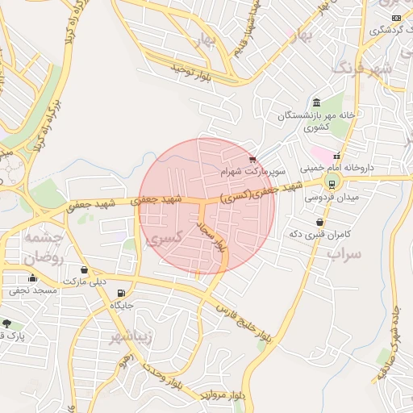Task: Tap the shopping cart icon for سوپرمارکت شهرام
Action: [x=253, y=160]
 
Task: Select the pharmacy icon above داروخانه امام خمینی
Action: [x=336, y=156]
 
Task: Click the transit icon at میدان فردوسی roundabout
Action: [x=332, y=184]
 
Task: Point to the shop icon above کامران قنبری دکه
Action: [x=321, y=221]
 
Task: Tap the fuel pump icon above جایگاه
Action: [x=121, y=294]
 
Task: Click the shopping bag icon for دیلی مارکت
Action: [x=85, y=270]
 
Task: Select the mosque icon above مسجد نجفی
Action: [x=32, y=277]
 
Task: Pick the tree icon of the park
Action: [x=7, y=323]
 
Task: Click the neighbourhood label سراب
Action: [x=344, y=252]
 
